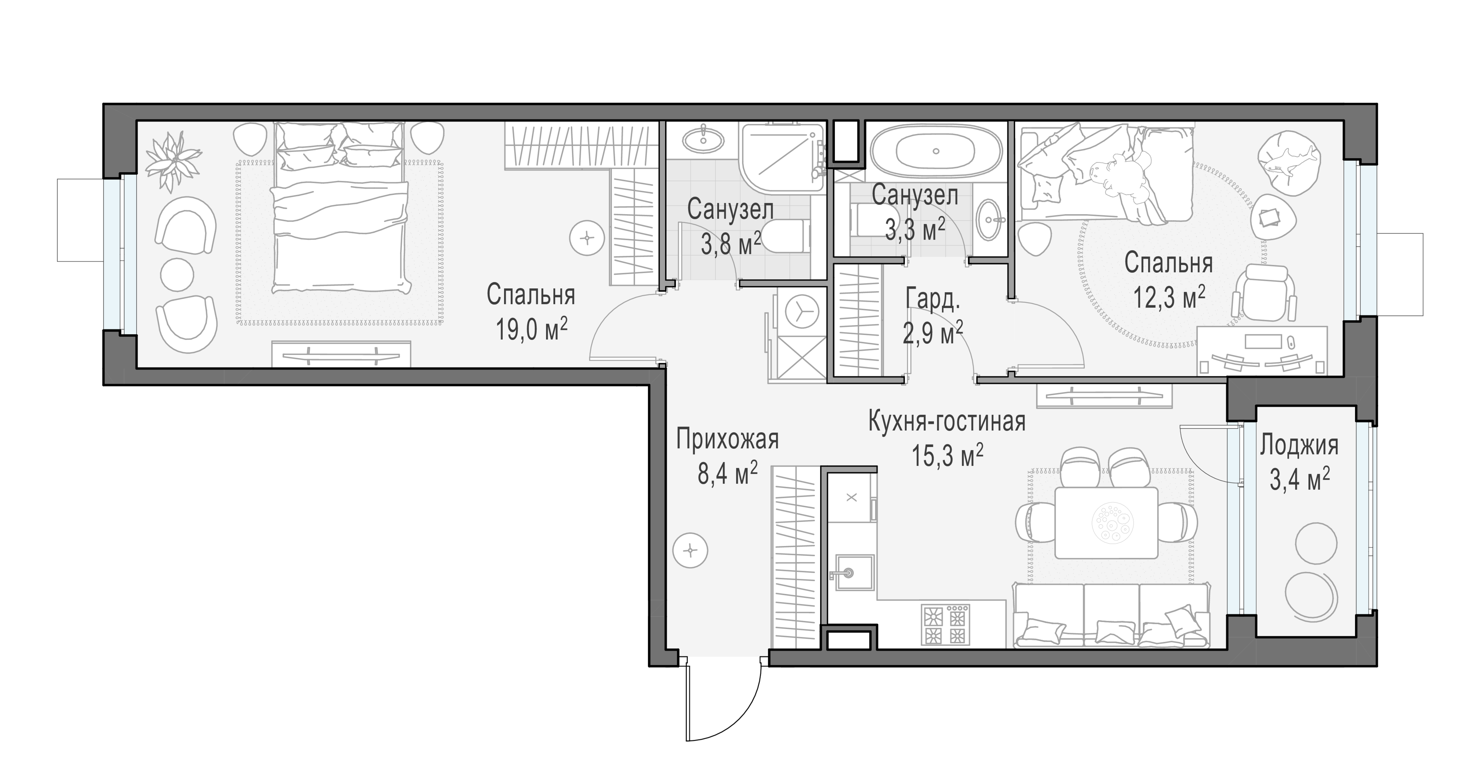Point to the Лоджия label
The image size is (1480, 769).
[1299, 446]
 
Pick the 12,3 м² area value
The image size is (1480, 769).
[1169, 297]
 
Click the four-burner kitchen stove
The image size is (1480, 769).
[947, 624]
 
